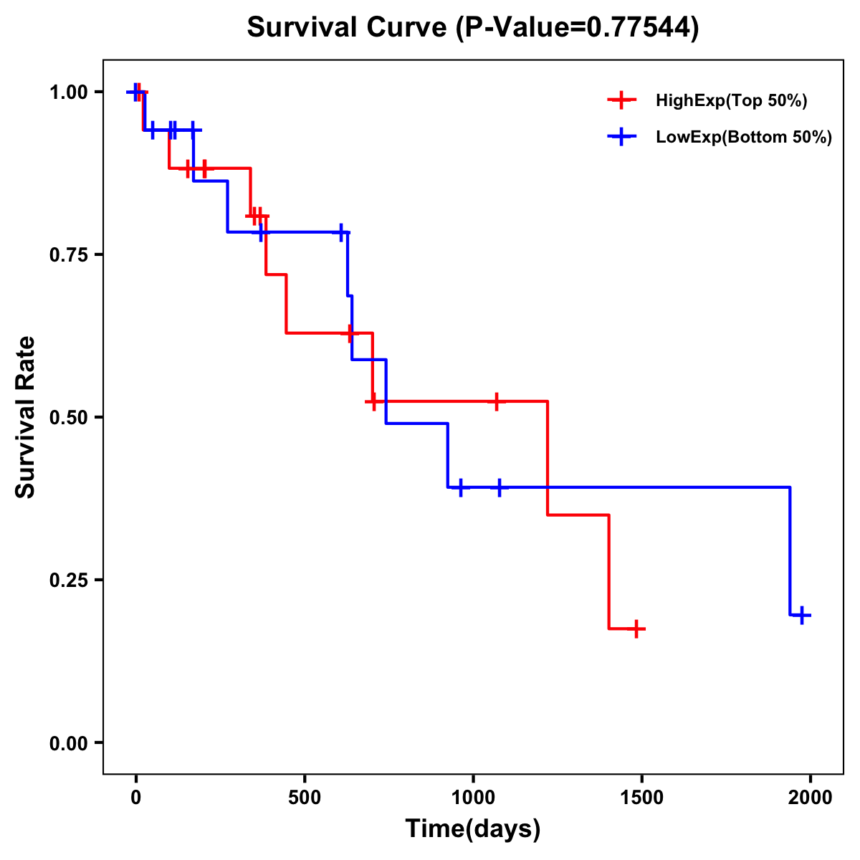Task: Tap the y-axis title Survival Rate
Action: pos(26,417)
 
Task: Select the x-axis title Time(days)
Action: pos(473,829)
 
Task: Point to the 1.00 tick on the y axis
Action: pos(67,92)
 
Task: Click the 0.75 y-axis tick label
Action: pos(67,255)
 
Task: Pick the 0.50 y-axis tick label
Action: pos(67,417)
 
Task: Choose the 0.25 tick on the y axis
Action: pos(67,580)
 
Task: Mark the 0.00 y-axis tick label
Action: pos(67,742)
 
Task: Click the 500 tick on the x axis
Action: pos(305,798)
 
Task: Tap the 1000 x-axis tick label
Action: pos(473,798)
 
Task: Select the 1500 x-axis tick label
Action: pos(641,798)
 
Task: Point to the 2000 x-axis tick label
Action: pos(811,798)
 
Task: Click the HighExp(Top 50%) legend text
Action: pos(732,101)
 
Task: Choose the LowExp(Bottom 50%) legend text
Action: pos(744,138)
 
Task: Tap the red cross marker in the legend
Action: pos(621,101)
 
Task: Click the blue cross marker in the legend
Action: pos(621,138)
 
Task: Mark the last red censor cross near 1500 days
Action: pos(636,629)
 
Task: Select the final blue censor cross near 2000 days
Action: pos(802,615)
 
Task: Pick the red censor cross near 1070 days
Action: pos(495,401)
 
